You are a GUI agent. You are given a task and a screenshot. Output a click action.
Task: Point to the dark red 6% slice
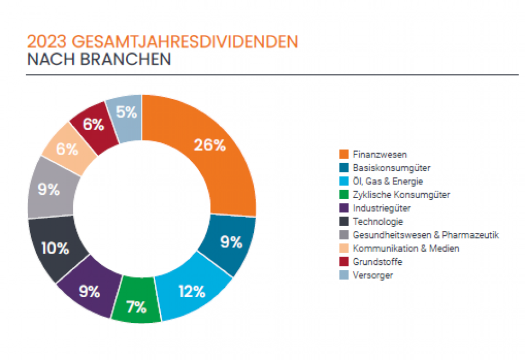(x=94, y=125)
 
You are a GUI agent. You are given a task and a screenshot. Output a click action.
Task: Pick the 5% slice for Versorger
(x=126, y=112)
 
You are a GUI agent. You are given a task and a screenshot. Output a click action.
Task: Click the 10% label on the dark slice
(x=55, y=248)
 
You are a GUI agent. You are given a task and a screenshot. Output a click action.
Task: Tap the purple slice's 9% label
(x=89, y=292)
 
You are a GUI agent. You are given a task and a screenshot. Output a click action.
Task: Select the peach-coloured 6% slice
(x=67, y=149)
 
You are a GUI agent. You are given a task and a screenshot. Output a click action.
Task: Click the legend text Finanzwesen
(x=380, y=154)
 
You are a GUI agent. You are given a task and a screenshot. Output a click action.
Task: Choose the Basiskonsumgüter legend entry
(x=392, y=167)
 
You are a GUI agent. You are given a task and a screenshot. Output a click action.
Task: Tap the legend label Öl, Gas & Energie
(x=388, y=181)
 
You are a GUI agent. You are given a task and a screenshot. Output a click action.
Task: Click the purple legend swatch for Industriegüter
(x=344, y=208)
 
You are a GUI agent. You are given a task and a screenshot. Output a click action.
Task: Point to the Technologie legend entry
(x=378, y=222)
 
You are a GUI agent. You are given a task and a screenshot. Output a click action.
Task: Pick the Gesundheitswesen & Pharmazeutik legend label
(x=426, y=235)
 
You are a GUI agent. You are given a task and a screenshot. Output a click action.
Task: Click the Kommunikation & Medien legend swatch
(x=344, y=248)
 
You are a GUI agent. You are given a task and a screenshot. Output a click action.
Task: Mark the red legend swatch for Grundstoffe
(x=344, y=262)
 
